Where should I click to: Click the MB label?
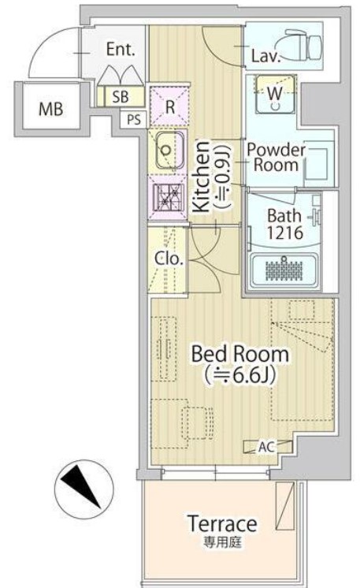tap(51, 109)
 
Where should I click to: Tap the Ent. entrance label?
tap(121, 50)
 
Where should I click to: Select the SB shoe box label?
tap(121, 97)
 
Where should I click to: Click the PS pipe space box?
tap(134, 120)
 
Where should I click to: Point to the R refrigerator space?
tap(169, 106)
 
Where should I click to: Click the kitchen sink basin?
tap(169, 151)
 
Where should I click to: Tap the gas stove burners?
tap(169, 197)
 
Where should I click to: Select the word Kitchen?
tap(202, 177)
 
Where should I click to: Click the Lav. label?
tap(265, 57)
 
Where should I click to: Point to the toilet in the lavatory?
tap(303, 44)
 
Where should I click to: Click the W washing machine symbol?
tap(276, 94)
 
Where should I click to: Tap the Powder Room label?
tap(276, 158)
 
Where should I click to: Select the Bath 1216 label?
tap(284, 224)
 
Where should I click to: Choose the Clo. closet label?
tap(169, 259)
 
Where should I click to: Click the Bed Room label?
tap(239, 354)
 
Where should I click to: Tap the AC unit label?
tap(266, 447)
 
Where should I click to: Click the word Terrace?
tap(222, 523)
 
